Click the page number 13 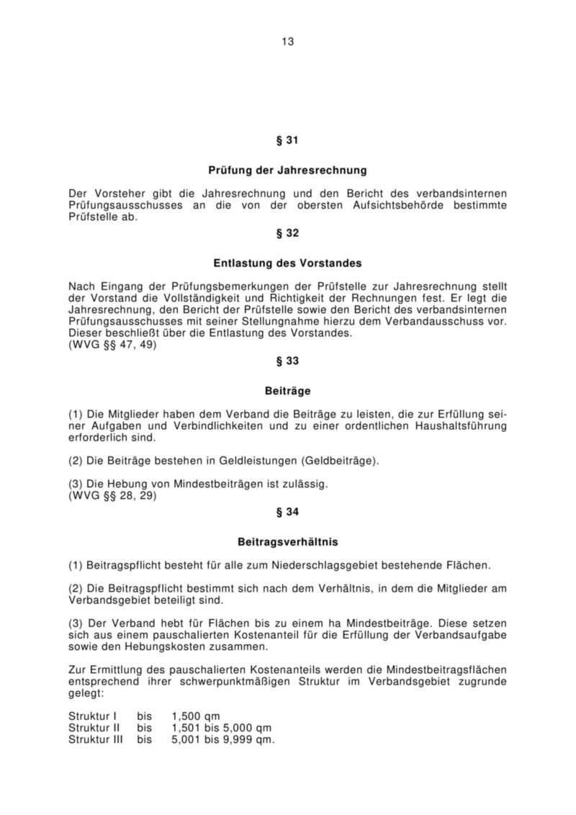click(287, 41)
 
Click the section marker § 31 click(287, 139)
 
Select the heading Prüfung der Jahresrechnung click(287, 171)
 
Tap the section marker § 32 click(287, 233)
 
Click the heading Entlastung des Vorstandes click(287, 264)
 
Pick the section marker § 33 click(287, 359)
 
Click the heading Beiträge click(287, 391)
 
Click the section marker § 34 click(287, 513)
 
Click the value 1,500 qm click(196, 716)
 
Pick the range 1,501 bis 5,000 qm click(221, 728)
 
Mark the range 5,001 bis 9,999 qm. click(222, 739)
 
